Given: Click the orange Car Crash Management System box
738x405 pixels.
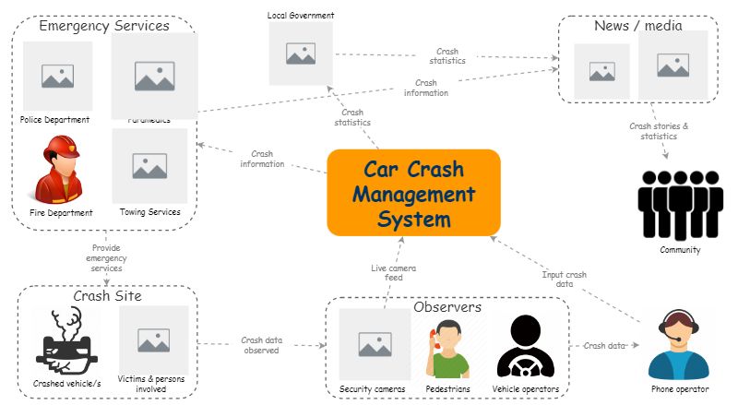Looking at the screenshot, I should (413, 192).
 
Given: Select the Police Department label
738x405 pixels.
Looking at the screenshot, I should (55, 120).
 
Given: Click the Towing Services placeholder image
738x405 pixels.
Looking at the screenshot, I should (149, 166).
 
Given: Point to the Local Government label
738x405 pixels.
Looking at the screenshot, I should (301, 16).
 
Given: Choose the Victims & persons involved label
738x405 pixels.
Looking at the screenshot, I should (154, 384).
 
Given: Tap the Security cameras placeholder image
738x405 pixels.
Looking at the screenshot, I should (374, 344).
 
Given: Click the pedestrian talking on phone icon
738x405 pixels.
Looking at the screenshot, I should (448, 350).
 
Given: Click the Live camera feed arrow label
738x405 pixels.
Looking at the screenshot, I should (387, 272).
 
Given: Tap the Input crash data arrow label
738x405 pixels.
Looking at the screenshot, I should (563, 279).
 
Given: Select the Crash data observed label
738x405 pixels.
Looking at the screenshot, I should (260, 345).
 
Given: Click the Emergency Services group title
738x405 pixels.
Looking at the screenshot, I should (104, 26).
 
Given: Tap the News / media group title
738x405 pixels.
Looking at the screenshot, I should (637, 26).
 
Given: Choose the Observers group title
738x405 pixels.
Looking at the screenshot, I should (447, 307).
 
